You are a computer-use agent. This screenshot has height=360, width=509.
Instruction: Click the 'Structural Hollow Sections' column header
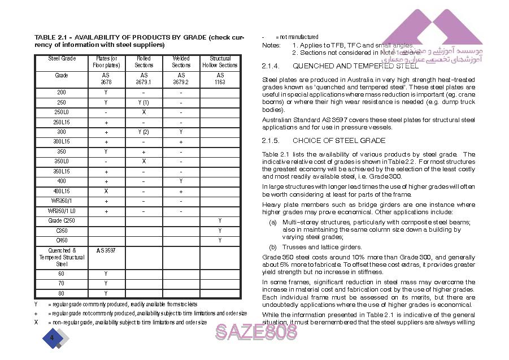(x=220, y=62)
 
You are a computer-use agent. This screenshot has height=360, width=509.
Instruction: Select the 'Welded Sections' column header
(x=181, y=62)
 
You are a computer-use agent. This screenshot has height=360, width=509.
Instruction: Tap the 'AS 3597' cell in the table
(x=106, y=250)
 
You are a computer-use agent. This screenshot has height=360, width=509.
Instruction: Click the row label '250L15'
(x=62, y=122)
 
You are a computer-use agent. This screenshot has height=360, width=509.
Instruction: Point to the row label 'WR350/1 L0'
(x=62, y=211)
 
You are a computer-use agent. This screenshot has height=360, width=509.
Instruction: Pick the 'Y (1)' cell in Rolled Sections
(x=143, y=103)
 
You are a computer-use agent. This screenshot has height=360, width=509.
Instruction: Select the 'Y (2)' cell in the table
(x=143, y=132)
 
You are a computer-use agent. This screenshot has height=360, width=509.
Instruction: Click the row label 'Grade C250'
(x=62, y=221)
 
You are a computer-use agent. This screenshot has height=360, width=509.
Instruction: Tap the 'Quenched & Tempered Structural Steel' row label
(x=62, y=257)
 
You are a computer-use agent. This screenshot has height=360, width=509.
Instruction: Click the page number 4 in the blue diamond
(x=52, y=337)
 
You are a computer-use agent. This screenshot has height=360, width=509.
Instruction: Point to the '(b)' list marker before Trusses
(x=273, y=247)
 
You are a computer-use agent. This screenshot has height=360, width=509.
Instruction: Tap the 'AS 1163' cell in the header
(x=220, y=79)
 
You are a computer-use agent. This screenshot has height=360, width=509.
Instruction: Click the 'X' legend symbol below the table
(x=36, y=322)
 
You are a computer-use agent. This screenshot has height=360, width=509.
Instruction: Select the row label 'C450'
(x=62, y=241)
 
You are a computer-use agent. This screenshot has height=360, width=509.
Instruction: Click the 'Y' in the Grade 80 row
(x=106, y=293)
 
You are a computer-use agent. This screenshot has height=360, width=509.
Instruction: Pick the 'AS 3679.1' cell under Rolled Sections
(x=143, y=79)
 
